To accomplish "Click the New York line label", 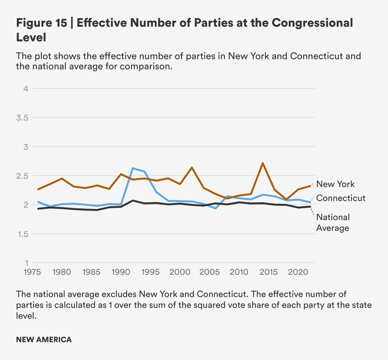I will [335, 184].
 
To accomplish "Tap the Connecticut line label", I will [341, 198].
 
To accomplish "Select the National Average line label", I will [333, 222].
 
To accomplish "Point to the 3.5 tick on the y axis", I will [22, 118].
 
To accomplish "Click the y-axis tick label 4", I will [26, 88].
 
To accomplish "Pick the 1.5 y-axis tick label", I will [22, 234].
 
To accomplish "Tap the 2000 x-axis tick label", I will [180, 272].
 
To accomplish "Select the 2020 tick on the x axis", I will [298, 272].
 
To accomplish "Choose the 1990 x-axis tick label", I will [121, 272].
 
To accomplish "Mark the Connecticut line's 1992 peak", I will [133, 168].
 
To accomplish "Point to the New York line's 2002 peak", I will [192, 167].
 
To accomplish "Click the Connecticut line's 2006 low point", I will [215, 208].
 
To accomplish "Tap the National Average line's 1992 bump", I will [133, 201].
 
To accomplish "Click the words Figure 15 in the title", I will [42, 23].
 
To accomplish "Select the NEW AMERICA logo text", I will [44, 339].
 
